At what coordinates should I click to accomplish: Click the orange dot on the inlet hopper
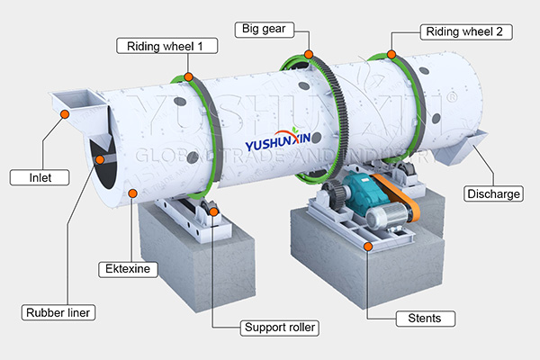[65, 113]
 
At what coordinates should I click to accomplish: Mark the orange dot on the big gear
[310, 56]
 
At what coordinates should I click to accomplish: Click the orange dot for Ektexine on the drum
[133, 193]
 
